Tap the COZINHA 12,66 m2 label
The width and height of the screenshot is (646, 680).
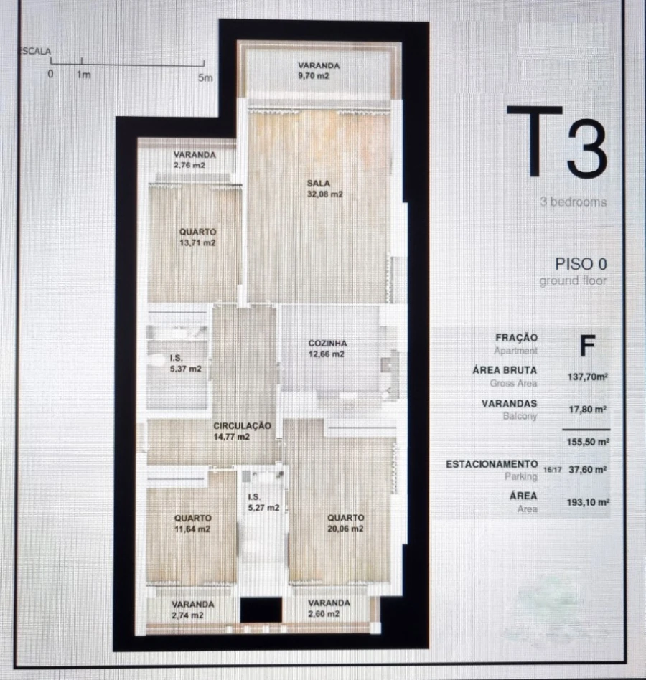click(x=327, y=349)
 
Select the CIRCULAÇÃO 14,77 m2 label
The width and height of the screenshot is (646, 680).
click(x=242, y=431)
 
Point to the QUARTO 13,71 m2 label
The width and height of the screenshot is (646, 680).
click(x=198, y=237)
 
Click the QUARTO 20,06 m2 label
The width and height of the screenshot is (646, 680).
click(x=345, y=523)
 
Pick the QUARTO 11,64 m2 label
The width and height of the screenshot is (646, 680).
click(x=192, y=523)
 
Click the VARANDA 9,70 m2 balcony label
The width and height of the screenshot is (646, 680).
click(x=318, y=70)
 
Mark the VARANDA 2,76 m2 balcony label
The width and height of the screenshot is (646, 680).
click(x=194, y=160)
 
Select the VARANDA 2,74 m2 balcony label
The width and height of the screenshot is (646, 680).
click(x=192, y=609)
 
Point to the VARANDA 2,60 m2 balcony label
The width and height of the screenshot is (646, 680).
click(x=329, y=608)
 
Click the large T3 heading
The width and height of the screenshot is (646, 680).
click(x=557, y=143)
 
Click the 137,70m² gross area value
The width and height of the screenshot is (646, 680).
click(x=588, y=376)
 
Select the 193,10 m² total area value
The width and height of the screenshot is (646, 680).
click(x=588, y=503)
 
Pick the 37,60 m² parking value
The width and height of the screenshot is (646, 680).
click(x=588, y=470)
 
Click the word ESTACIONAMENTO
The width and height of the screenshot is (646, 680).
click(x=491, y=464)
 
